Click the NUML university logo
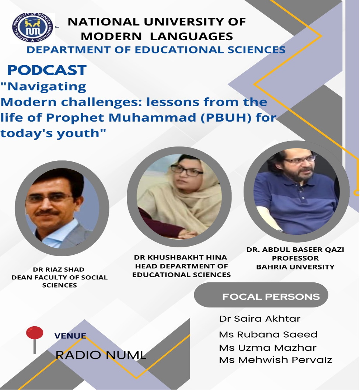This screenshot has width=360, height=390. [x=33, y=27]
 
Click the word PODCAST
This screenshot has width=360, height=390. [x=47, y=70]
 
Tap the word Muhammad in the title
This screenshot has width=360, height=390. [x=153, y=117]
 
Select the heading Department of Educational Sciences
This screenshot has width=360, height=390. [x=156, y=50]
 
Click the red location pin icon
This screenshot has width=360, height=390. [x=35, y=339]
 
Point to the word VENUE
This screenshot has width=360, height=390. [x=70, y=336]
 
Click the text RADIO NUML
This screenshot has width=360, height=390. [x=101, y=355]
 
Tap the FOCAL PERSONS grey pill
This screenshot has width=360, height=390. [x=261, y=295]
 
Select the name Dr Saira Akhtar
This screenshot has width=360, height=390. [x=259, y=318]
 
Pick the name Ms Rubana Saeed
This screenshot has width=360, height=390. [x=268, y=335]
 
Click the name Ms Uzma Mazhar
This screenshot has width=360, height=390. [x=268, y=348]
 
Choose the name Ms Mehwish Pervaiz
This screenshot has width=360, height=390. [x=276, y=360]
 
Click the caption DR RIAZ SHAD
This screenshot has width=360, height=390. [x=59, y=269]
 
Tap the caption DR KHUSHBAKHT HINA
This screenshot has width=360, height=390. [x=181, y=257]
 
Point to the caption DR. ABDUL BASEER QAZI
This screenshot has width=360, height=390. [x=295, y=250]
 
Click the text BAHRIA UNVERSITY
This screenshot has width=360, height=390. [x=296, y=267]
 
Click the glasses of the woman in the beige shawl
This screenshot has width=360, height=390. [x=186, y=171]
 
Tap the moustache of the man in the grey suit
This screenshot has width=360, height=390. [x=47, y=213]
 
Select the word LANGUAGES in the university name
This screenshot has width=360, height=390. [x=192, y=36]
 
